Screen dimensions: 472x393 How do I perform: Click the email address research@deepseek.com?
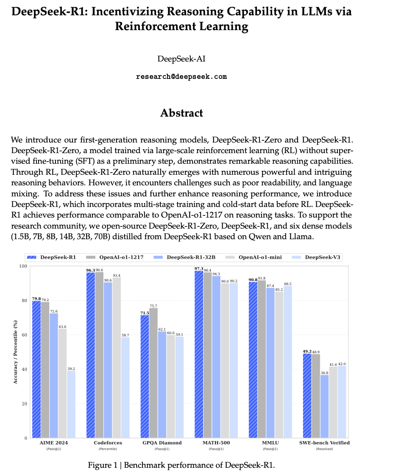[181, 77]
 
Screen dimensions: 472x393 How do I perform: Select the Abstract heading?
[181, 113]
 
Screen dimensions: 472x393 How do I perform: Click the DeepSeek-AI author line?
[181, 59]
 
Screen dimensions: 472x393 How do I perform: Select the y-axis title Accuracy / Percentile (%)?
[16, 352]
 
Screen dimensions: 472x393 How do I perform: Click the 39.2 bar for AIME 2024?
[71, 404]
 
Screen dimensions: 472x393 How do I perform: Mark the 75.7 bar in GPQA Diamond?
[153, 373]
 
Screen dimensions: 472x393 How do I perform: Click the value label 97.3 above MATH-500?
[198, 268]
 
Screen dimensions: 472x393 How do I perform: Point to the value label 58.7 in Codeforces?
[125, 335]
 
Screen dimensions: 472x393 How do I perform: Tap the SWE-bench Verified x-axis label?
[324, 443]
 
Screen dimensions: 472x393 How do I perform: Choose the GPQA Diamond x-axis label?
[162, 443]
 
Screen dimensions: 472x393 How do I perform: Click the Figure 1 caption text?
[181, 465]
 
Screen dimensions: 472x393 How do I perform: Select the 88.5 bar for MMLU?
[288, 362]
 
